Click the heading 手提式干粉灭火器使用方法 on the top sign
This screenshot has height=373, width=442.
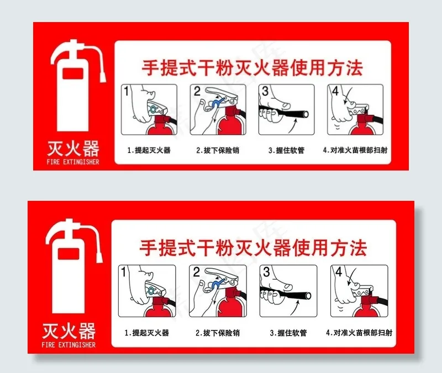tap(252, 68)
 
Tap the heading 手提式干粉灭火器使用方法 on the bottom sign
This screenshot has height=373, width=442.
tap(253, 248)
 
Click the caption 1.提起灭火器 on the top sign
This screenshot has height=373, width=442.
tap(149, 150)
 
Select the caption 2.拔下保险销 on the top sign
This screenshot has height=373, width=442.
tap(218, 150)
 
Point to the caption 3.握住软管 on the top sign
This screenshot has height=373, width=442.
tap(286, 150)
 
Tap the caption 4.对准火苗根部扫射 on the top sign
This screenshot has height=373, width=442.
tap(355, 150)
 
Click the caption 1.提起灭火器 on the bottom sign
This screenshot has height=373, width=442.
tap(147, 333)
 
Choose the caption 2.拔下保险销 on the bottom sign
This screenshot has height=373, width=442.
tap(218, 333)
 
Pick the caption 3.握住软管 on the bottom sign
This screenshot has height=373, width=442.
tap(288, 333)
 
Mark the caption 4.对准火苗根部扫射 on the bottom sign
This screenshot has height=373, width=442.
tap(359, 333)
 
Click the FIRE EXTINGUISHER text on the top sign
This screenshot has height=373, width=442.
tap(73, 162)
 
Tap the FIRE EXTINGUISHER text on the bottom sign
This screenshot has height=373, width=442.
tap(69, 344)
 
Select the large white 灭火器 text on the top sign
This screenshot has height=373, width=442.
tap(73, 148)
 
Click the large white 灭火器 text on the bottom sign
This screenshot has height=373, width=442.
tap(69, 331)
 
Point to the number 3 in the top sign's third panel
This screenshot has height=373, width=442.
tap(265, 91)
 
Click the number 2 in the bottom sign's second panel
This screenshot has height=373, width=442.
tap(197, 271)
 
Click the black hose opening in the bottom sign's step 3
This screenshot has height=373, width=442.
tap(308, 296)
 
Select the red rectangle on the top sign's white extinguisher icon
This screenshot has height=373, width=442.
tap(73, 74)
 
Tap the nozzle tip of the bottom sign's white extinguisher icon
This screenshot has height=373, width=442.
tap(99, 257)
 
